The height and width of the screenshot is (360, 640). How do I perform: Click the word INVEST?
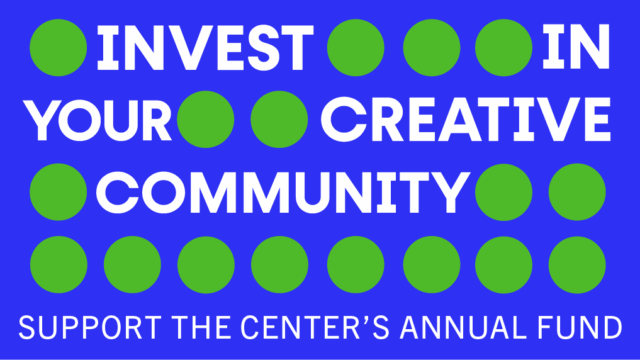tap(205, 47)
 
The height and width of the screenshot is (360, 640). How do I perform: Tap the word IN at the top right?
tap(576, 47)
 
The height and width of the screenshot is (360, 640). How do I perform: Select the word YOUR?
tap(98, 120)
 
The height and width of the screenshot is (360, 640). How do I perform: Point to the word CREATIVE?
tap(466, 119)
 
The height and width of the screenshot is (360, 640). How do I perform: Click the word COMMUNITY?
tap(283, 192)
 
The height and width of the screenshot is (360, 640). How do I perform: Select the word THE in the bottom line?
tap(201, 327)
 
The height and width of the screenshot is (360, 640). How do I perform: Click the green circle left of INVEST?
tap(58, 48)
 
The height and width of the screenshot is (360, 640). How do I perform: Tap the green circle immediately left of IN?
tap(504, 48)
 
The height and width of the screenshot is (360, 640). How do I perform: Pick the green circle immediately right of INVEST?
tap(356, 48)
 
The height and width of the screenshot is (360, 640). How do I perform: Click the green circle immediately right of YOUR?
tap(206, 119)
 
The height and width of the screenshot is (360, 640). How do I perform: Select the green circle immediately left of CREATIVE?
tap(279, 119)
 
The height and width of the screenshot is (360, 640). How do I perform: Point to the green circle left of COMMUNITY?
tap(58, 192)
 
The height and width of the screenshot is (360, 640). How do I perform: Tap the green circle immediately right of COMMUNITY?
tap(504, 192)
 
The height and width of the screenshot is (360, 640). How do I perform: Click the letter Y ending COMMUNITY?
tap(451, 192)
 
